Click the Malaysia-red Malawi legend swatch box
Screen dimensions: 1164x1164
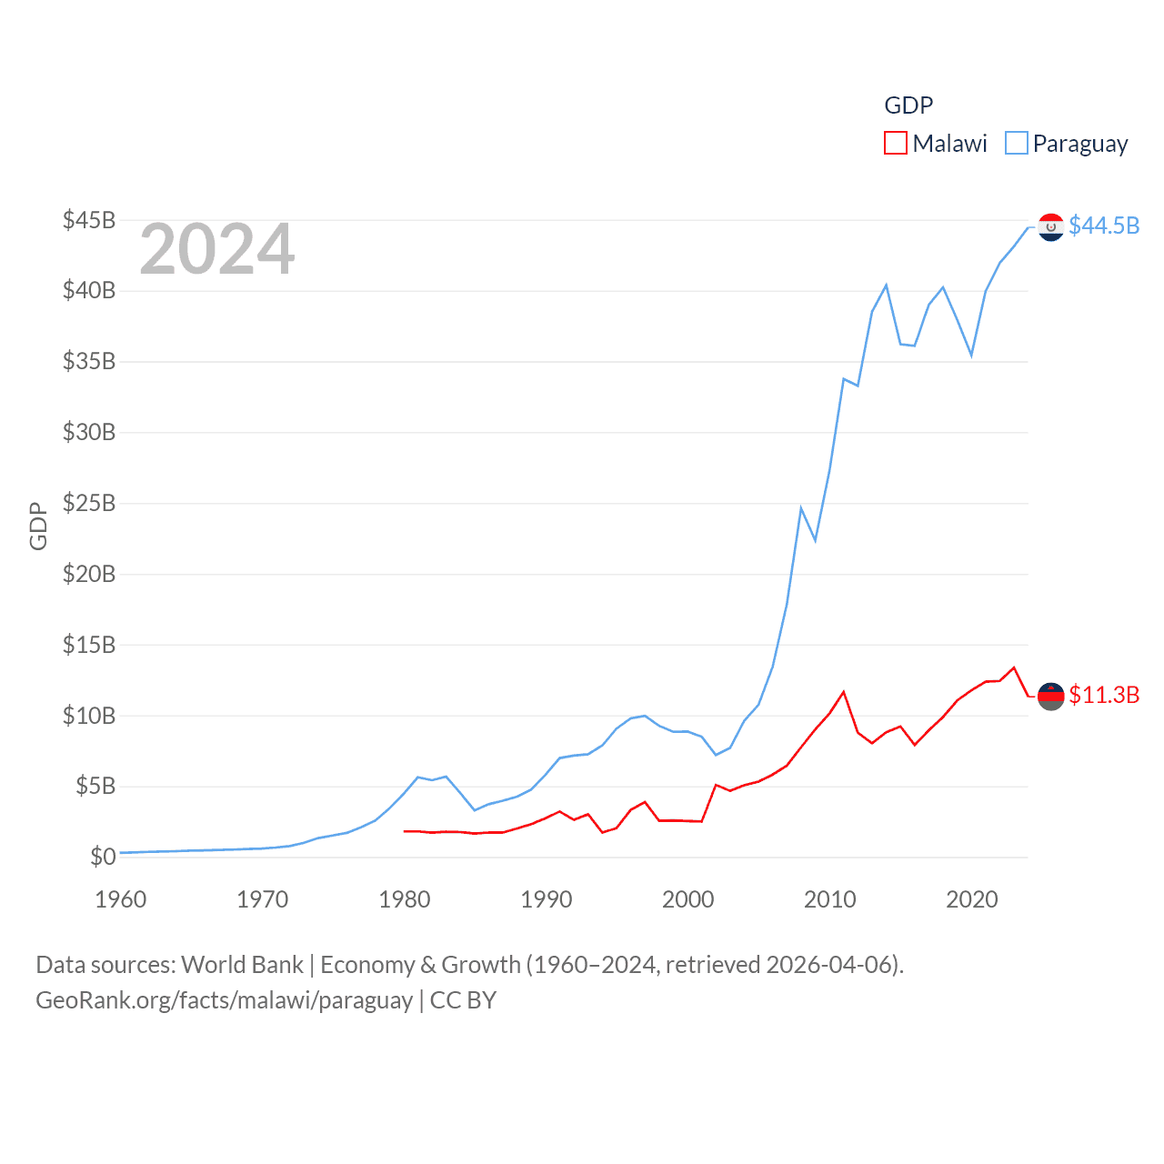point(896,144)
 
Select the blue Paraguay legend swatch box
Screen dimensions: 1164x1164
point(1016,144)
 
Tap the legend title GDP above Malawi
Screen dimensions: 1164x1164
point(908,105)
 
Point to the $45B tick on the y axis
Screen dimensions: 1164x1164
point(89,220)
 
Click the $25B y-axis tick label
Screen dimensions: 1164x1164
point(89,503)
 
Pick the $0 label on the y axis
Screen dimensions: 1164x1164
point(103,857)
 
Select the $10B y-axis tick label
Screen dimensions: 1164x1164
point(89,716)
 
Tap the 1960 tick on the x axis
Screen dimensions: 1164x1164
point(121,899)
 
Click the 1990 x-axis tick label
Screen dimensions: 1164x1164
point(547,899)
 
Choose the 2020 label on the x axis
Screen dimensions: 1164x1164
point(972,899)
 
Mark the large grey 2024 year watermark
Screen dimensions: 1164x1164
point(217,249)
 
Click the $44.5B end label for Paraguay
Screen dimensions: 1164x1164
point(1104,226)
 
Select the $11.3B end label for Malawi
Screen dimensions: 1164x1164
point(1104,695)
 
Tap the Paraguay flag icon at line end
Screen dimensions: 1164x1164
point(1051,226)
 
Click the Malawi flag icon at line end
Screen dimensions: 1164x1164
point(1051,696)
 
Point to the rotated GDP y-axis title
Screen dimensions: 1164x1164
point(38,526)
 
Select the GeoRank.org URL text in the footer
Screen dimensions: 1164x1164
point(224,1000)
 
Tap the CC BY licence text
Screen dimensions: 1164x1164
point(463,1000)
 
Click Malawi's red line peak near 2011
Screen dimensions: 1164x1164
point(844,692)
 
